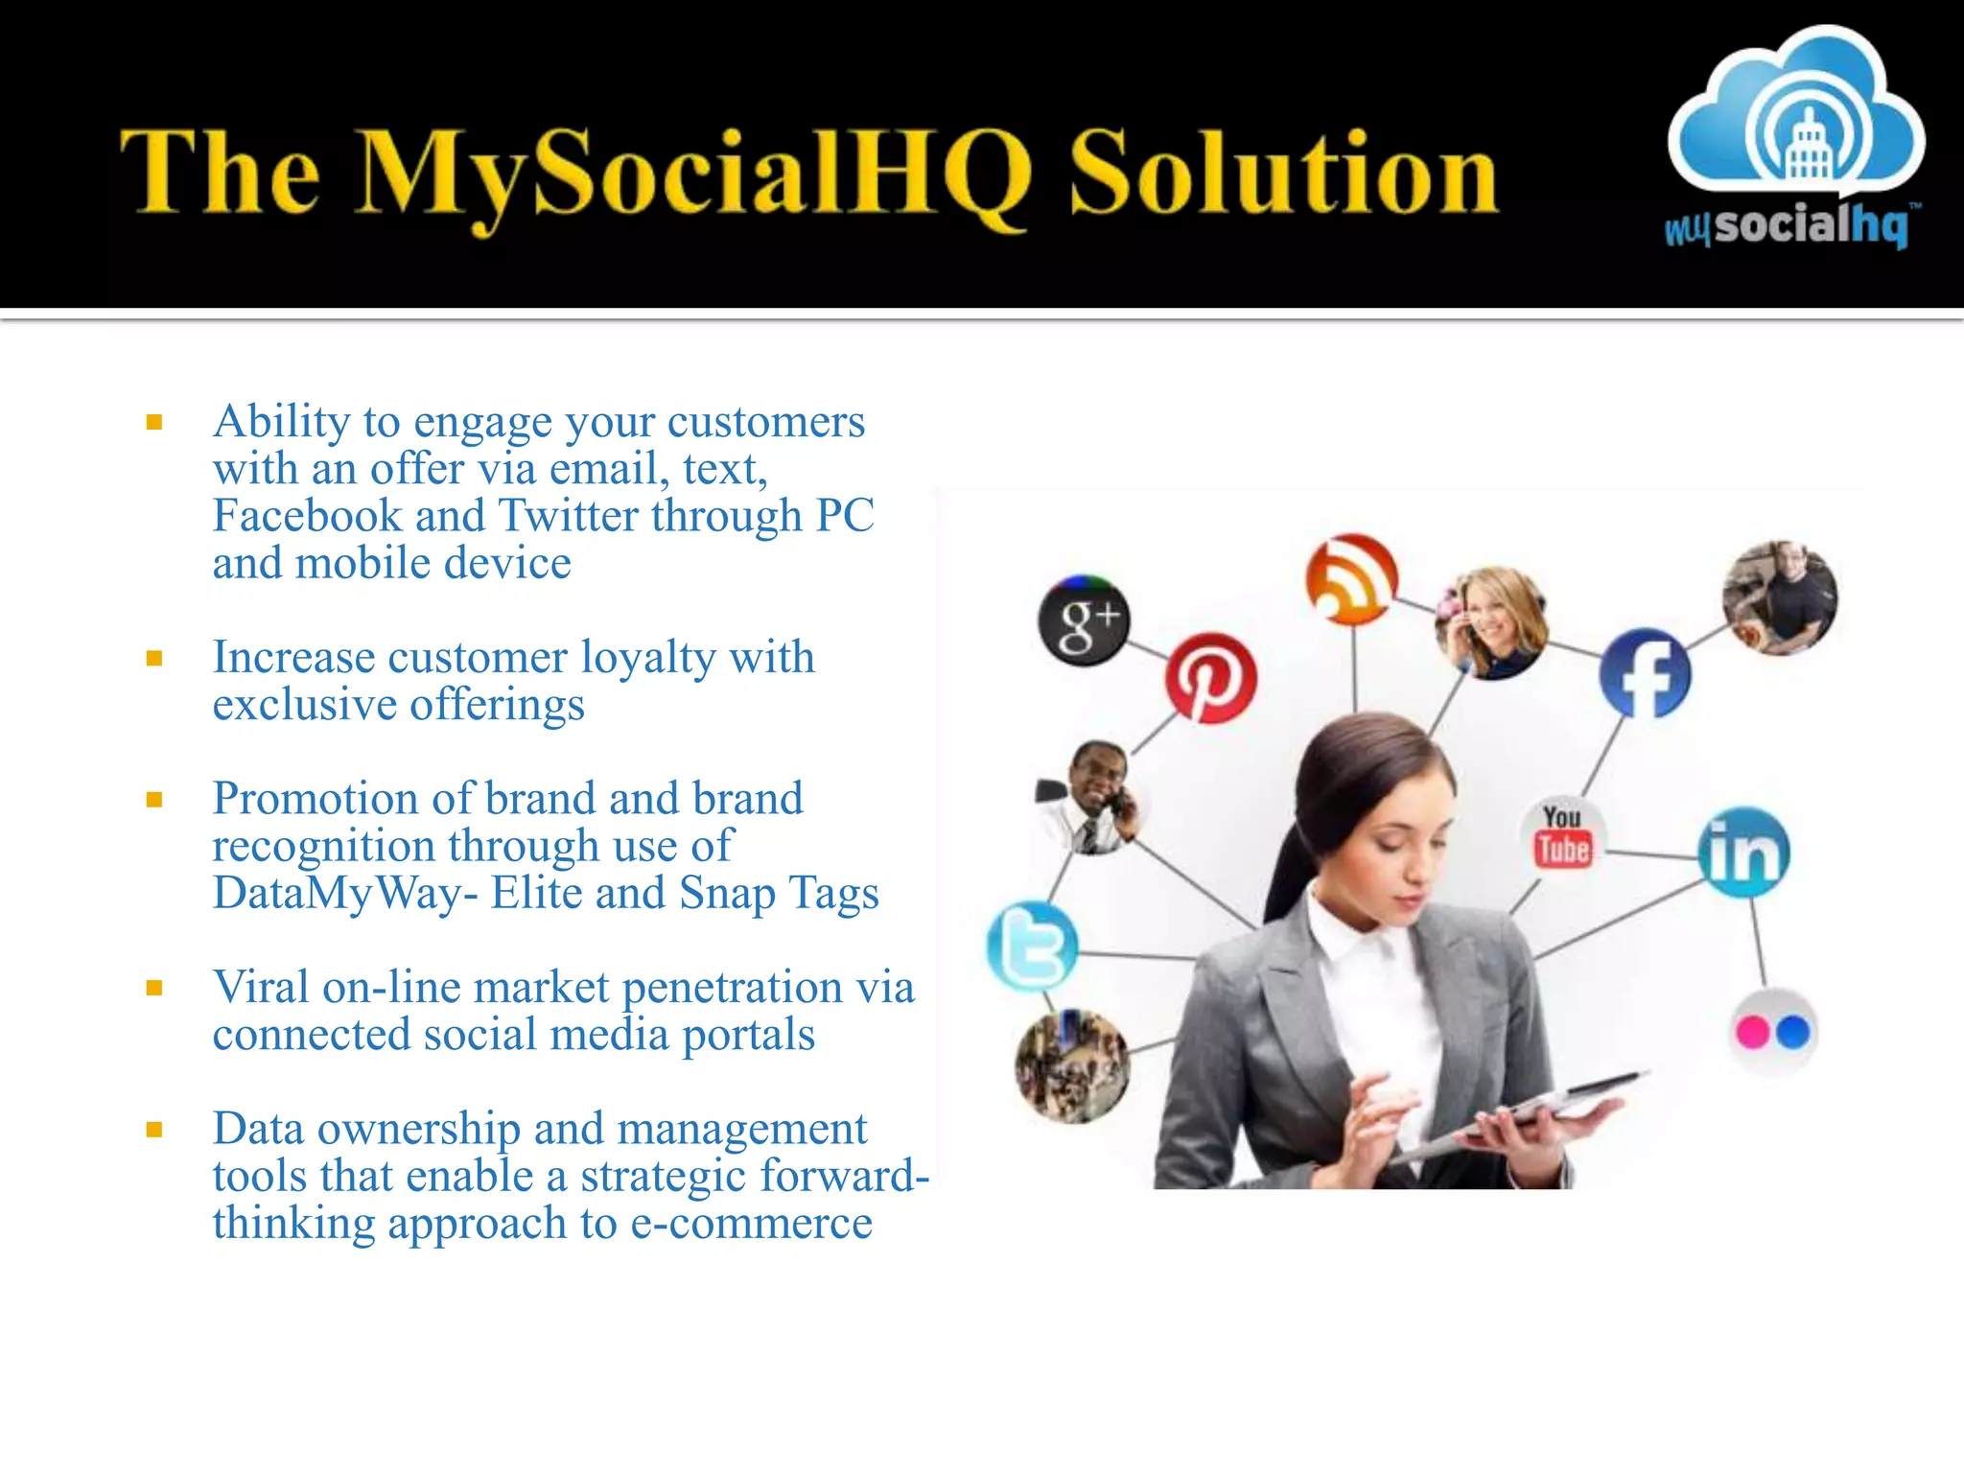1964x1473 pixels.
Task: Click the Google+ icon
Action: [x=1084, y=621]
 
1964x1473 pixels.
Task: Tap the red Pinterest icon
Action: [x=1210, y=678]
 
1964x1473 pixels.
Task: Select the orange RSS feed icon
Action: [x=1351, y=578]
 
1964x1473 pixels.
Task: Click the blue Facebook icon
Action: [x=1645, y=673]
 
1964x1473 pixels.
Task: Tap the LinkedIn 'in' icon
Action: [x=1743, y=852]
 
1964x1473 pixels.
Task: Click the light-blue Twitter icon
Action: [x=1032, y=946]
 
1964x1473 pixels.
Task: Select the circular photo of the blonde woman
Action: [x=1491, y=621]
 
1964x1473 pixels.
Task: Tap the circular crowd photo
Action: [x=1071, y=1065]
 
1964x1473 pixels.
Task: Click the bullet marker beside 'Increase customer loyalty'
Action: [x=154, y=658]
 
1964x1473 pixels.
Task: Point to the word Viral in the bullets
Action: [x=261, y=987]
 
